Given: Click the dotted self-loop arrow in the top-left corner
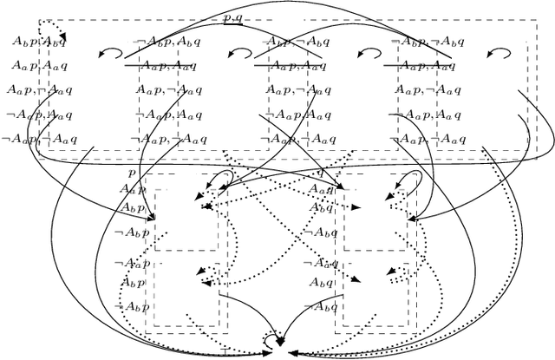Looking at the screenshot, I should [x=49, y=29].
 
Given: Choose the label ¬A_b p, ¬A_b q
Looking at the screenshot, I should [x=426, y=41].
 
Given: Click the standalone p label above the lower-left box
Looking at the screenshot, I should [x=132, y=173].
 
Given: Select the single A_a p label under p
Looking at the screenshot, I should [x=133, y=189].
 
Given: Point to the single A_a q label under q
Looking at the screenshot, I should [x=322, y=189].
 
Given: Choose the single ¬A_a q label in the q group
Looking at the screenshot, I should [x=322, y=263].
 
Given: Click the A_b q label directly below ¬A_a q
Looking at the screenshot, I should [x=322, y=283].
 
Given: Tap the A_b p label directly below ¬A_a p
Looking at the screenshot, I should [x=133, y=283].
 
